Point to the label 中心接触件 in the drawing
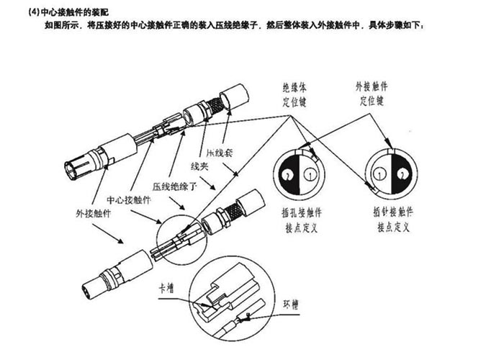(x=128, y=199)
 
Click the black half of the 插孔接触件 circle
(x=289, y=174)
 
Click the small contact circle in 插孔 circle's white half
(x=310, y=174)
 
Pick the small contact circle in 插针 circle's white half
(x=379, y=173)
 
